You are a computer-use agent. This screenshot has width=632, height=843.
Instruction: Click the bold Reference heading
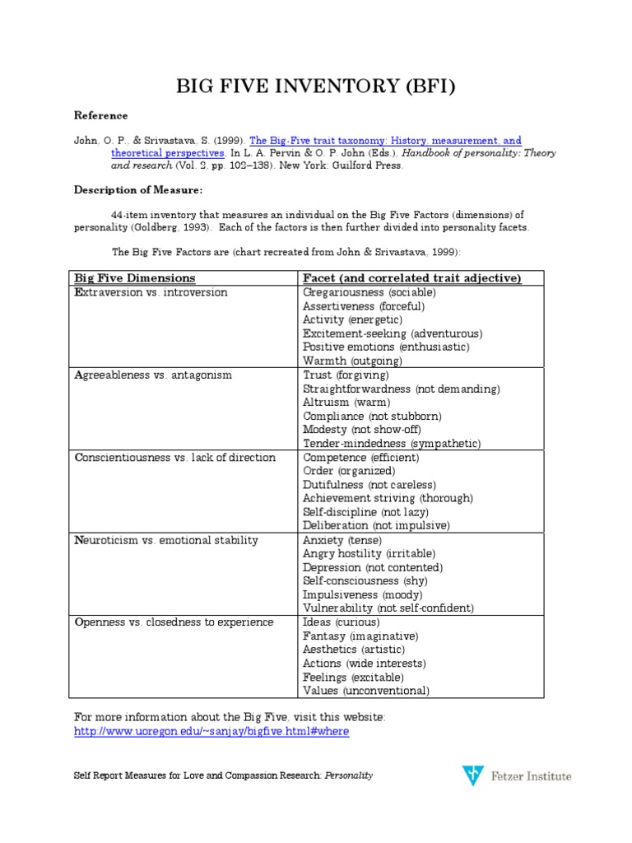(x=101, y=115)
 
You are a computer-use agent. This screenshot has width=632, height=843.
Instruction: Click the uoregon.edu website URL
(x=211, y=732)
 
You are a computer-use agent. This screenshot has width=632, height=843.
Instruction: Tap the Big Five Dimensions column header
(x=135, y=278)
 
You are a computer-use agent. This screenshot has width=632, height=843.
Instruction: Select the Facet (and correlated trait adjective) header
(x=412, y=278)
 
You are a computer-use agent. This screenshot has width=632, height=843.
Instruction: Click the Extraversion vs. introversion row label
(x=151, y=292)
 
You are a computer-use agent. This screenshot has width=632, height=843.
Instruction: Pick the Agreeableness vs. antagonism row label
(x=153, y=375)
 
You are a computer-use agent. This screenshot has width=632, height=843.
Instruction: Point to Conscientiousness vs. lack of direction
(x=174, y=458)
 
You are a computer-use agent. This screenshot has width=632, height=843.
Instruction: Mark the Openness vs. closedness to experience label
(x=174, y=622)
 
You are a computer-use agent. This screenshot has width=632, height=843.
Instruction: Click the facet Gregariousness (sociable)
(x=369, y=292)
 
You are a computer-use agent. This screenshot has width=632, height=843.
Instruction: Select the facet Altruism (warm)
(x=346, y=403)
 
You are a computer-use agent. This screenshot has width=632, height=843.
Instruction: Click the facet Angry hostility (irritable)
(x=369, y=553)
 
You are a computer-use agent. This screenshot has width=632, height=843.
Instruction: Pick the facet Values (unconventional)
(x=365, y=691)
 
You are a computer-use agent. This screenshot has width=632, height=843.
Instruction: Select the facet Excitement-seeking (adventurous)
(x=393, y=333)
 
